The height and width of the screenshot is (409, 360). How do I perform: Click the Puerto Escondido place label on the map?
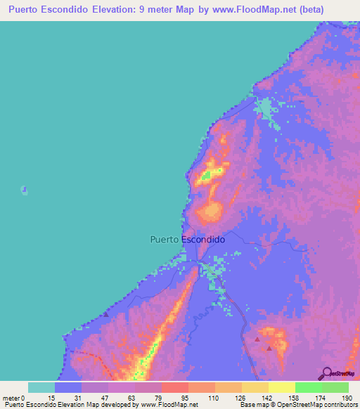[x=188, y=239]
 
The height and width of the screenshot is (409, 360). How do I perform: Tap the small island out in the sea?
[x=25, y=189]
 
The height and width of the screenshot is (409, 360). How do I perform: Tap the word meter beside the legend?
[x=11, y=397]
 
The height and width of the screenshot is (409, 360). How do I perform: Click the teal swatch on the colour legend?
[x=41, y=387]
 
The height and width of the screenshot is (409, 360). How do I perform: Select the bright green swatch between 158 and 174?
[x=308, y=387]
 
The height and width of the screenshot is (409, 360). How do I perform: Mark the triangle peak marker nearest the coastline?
[x=105, y=315]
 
